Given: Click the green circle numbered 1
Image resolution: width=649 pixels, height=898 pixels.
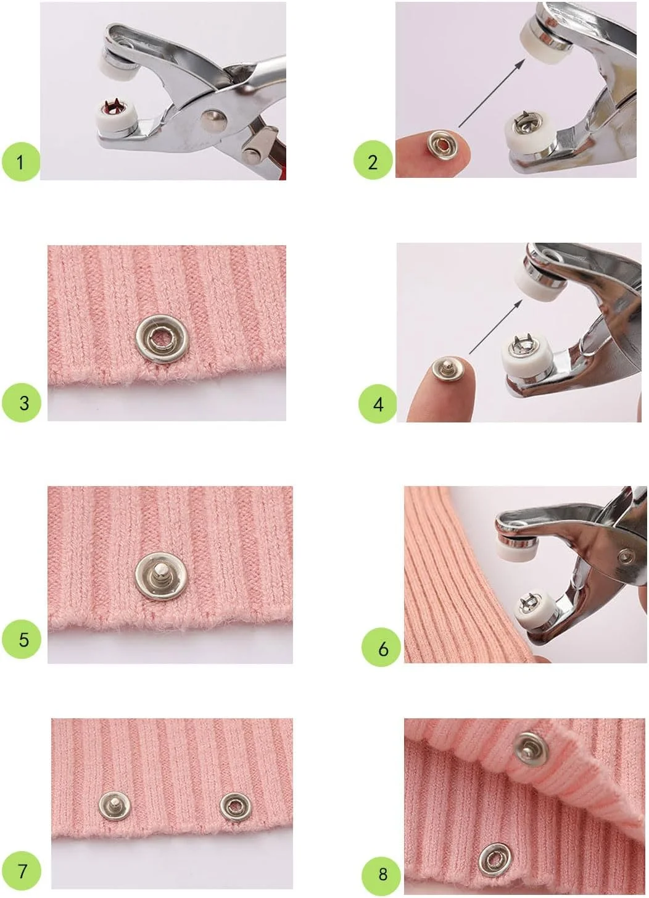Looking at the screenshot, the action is point(21,162).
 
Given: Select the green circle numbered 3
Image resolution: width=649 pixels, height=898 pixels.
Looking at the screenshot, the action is point(22,402).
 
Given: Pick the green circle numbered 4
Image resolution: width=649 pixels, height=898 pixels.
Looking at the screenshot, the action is point(378,404).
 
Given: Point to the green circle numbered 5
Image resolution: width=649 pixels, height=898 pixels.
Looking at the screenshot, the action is point(22,639).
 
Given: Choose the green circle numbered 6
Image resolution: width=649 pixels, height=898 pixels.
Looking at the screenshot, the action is point(381,647).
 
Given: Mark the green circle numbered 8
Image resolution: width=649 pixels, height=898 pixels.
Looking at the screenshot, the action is point(381,874).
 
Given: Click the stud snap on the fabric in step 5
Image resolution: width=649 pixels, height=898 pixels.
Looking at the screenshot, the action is point(161,576).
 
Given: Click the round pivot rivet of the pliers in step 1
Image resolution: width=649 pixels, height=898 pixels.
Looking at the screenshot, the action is point(214,120).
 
